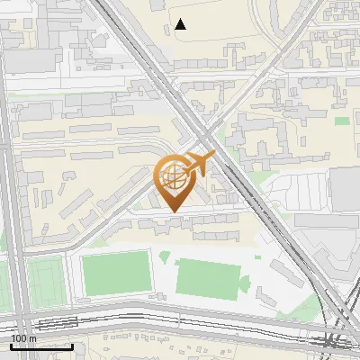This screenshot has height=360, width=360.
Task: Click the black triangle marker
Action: point(181,24)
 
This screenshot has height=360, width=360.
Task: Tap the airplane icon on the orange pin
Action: point(200,164)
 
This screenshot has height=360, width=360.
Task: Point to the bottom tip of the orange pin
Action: point(174,212)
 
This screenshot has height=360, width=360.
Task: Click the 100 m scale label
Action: point(23,338)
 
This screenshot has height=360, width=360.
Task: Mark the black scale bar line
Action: point(41,346)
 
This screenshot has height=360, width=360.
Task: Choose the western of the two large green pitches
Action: point(116,274)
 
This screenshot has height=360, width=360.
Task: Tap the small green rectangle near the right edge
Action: point(342,121)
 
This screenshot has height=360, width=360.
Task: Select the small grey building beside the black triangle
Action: point(167,30)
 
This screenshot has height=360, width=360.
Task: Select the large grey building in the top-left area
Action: point(36,60)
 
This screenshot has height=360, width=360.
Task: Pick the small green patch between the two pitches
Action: point(164,257)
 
